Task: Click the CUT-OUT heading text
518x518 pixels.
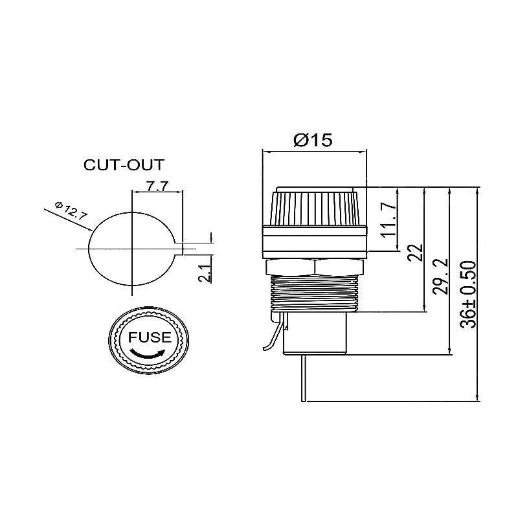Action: tap(124, 164)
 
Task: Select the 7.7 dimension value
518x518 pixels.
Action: tap(157, 186)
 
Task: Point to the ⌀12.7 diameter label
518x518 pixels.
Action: tap(71, 211)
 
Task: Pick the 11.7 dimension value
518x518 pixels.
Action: tap(388, 219)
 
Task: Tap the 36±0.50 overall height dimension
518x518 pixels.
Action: tap(469, 294)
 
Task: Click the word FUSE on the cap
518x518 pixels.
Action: tap(150, 337)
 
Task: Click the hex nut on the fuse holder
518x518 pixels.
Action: tap(315, 267)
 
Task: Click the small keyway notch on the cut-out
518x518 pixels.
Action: tap(183, 248)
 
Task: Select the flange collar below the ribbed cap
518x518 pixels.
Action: tap(315, 241)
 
